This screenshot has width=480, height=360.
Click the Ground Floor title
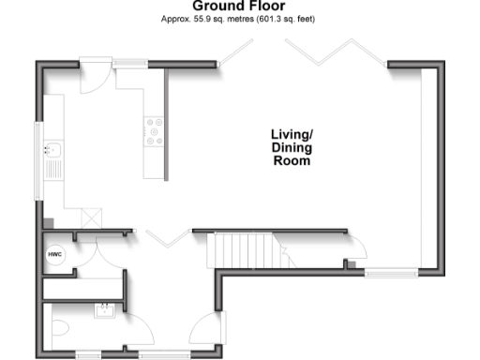click(x=240, y=6)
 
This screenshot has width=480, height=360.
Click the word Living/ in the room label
click(x=291, y=134)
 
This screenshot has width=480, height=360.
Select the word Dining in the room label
click(x=292, y=147)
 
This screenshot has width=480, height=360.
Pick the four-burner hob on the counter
click(x=152, y=132)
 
